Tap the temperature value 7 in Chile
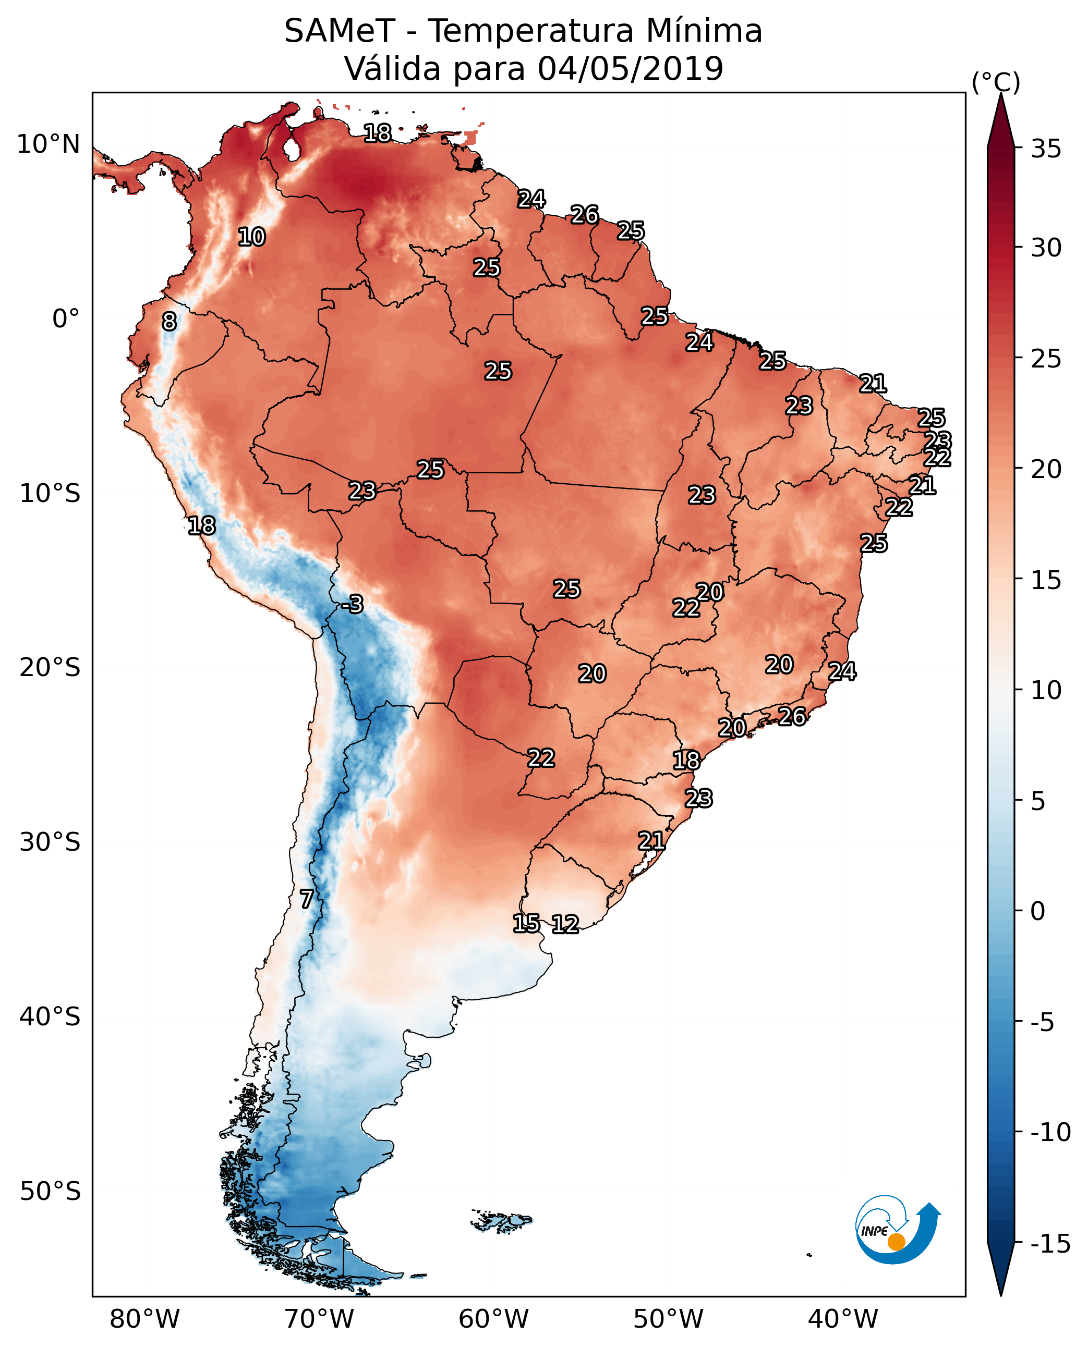point(306,899)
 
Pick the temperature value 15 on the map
point(526,923)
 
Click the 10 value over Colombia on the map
point(251,237)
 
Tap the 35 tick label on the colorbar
point(1046,149)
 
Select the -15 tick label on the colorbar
point(1050,1245)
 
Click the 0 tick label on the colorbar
point(1038,911)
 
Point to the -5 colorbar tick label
point(1042,1022)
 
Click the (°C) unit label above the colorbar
point(996,82)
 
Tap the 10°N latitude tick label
point(49,145)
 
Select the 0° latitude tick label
point(66,319)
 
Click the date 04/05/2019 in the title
point(631,68)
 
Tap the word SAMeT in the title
point(340,31)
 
